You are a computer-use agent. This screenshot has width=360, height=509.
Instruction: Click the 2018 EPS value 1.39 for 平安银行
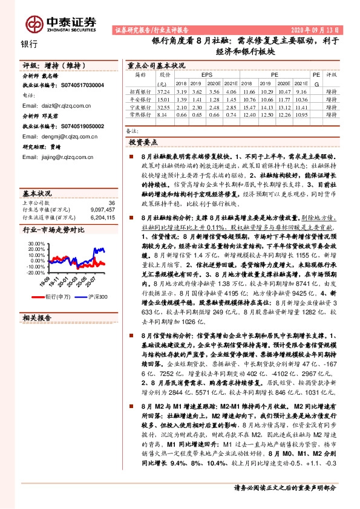point(180,98)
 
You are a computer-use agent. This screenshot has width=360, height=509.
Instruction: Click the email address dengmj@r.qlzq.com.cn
point(64,137)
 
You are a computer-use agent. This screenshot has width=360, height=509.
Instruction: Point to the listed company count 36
point(111,203)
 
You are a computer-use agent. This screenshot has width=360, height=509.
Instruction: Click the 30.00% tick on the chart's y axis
point(37,244)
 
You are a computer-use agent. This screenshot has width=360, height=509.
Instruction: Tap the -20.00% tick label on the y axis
point(36,273)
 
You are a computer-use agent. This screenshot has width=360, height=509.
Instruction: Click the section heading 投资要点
point(143,141)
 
